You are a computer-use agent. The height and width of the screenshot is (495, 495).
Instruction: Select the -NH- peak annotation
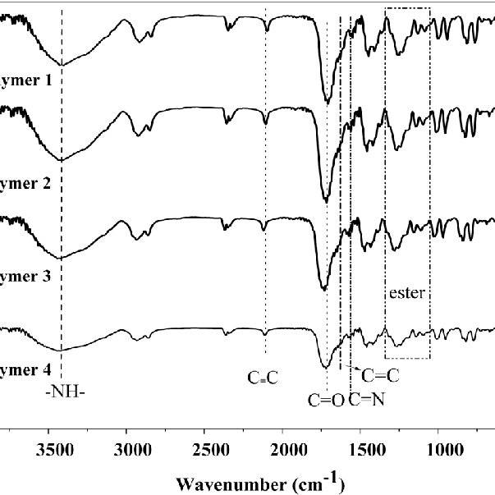click(x=65, y=391)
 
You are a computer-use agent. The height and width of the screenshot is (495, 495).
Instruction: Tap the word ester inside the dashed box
click(x=406, y=291)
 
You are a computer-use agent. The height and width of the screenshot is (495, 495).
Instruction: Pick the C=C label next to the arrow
click(x=380, y=375)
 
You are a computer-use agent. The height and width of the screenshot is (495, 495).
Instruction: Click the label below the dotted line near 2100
click(x=264, y=378)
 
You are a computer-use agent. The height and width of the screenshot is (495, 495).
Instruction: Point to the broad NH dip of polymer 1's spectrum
click(x=62, y=63)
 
